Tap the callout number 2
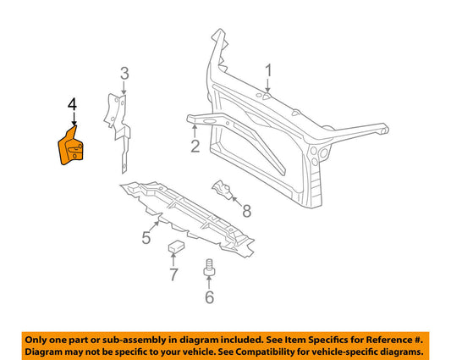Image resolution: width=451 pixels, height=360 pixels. tap(195, 147)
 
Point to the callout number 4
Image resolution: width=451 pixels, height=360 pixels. tap(73, 105)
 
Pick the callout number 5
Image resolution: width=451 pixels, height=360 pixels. tap(146, 238)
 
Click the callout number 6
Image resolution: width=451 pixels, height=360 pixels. tap(208, 296)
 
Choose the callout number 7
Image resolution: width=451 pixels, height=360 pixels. tap(173, 274)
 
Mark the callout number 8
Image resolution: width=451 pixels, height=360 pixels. tap(246, 211)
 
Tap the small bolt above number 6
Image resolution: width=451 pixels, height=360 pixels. tap(208, 269)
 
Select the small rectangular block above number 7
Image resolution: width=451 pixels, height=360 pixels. tap(175, 247)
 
